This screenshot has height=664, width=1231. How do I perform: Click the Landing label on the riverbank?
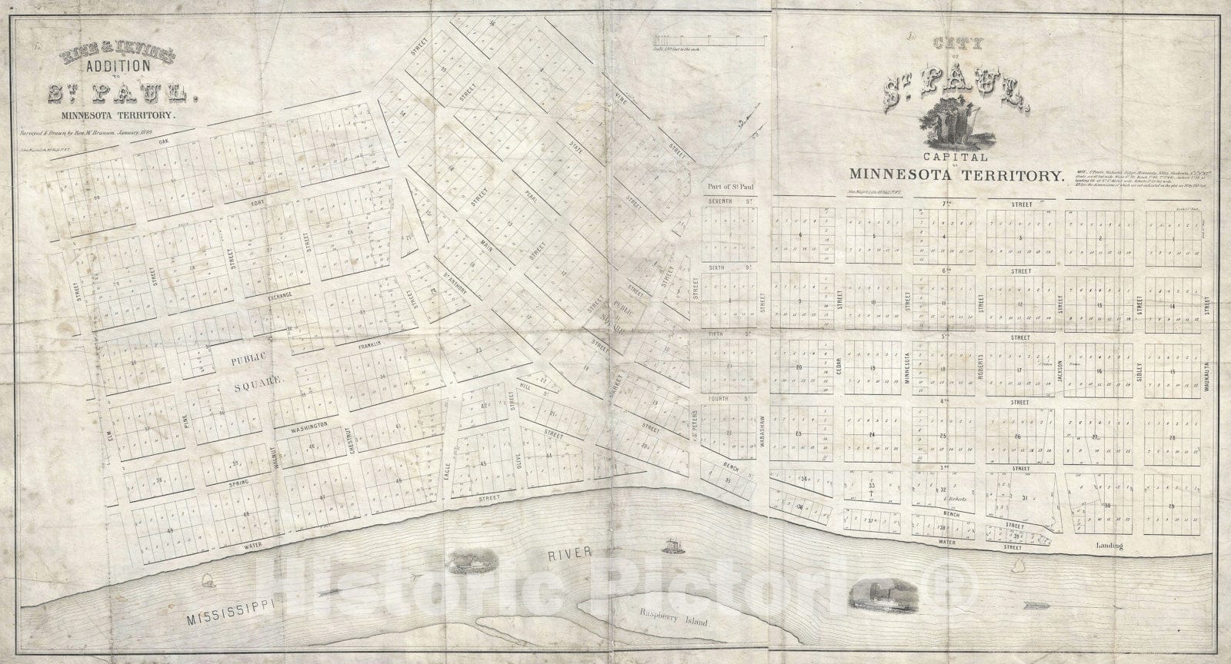[1109, 546]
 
